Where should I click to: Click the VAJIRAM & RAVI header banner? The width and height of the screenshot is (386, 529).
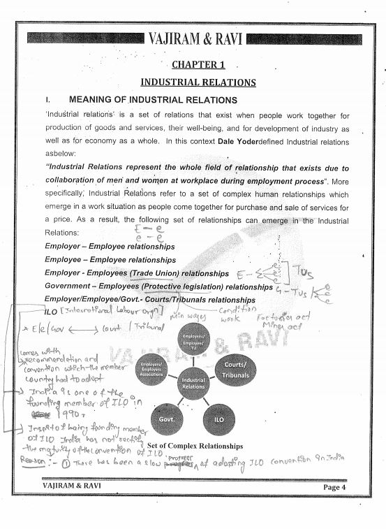[x=195, y=38]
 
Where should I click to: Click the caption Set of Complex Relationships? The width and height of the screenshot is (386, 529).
[x=195, y=446]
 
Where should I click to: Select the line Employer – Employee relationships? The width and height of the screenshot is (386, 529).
[x=110, y=247]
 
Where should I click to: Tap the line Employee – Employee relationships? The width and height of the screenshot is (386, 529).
[x=110, y=259]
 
